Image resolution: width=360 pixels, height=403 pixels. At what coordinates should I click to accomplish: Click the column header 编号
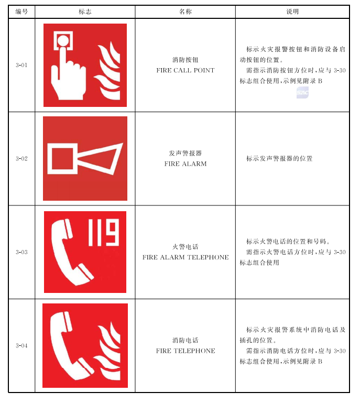(x=21, y=12)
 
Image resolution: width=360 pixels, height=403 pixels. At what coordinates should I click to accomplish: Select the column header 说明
(x=292, y=12)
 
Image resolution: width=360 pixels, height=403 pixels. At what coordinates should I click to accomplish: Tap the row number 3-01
(x=21, y=65)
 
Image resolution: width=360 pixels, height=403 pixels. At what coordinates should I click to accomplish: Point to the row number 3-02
(x=21, y=159)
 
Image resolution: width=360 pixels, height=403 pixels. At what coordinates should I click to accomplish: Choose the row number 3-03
(x=21, y=252)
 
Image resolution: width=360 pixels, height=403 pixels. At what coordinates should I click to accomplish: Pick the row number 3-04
(x=21, y=346)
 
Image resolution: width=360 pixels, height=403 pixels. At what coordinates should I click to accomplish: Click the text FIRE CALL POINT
(x=186, y=70)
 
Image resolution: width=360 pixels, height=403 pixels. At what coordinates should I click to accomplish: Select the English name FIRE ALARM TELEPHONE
(x=186, y=257)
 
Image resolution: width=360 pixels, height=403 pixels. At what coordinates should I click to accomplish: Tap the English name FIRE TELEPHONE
(x=186, y=351)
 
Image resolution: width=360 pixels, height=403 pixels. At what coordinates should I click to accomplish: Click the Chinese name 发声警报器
(x=186, y=153)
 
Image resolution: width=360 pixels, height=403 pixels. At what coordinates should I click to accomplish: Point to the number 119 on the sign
(x=104, y=232)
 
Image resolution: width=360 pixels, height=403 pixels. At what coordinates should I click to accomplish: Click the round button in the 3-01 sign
(x=63, y=40)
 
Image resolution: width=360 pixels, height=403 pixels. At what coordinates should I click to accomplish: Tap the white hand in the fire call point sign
(x=68, y=77)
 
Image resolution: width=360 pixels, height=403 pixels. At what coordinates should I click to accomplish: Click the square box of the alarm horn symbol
(x=62, y=158)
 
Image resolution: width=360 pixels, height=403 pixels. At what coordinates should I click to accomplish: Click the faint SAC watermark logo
(x=302, y=93)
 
